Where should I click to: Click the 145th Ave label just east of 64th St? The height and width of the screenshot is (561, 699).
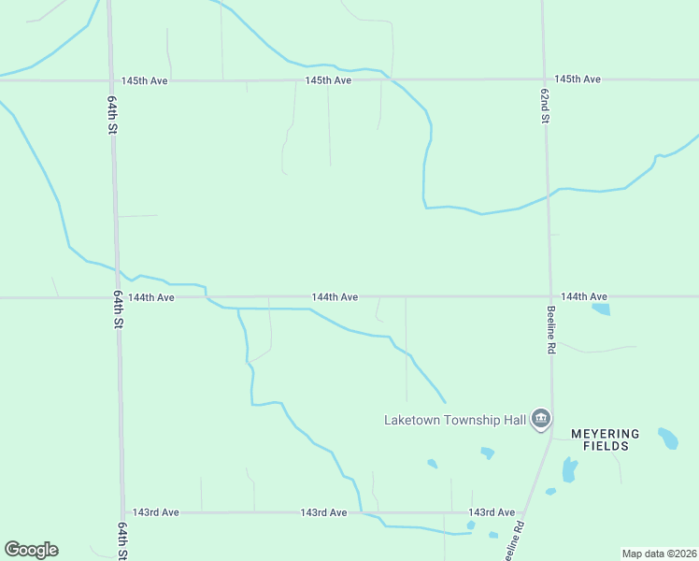point(144,81)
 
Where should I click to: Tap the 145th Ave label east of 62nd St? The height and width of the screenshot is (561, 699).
point(577,79)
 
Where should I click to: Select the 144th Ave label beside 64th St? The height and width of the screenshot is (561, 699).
point(151,297)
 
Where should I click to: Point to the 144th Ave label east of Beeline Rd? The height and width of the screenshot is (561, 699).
point(584,296)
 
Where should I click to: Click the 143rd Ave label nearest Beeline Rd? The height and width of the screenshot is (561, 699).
point(492,512)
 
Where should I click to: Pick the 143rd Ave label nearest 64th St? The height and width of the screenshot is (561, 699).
point(155,512)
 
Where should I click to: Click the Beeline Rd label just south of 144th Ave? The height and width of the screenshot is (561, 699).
point(551,329)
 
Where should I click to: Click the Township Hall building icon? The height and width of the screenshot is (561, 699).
point(540,419)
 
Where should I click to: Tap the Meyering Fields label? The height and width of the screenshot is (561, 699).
point(606,440)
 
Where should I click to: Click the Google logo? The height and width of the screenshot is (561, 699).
point(31,550)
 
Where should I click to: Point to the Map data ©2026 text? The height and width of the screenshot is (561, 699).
point(658,554)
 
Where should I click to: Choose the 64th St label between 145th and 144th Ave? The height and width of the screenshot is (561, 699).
point(110,116)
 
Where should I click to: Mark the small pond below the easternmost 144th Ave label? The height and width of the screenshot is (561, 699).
point(601,309)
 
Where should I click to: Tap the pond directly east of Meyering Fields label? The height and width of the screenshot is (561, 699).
point(668,438)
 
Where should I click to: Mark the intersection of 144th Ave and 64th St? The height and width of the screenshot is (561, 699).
point(116,297)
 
